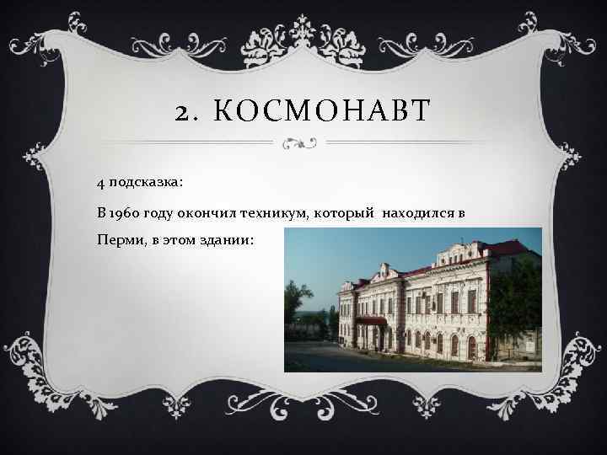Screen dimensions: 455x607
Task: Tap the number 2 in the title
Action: pos(185,110)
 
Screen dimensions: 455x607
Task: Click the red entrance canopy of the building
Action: pos(372,321)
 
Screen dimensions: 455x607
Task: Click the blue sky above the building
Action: pos(354,249)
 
